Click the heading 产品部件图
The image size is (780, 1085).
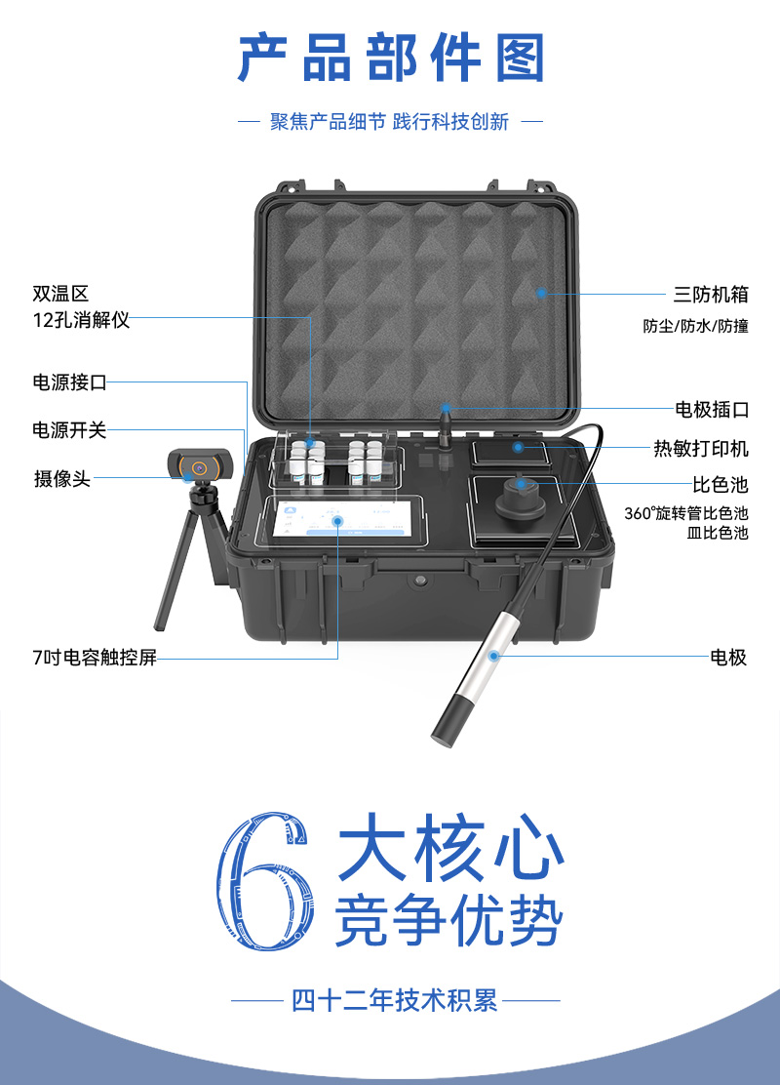click(x=391, y=59)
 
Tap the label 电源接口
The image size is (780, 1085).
click(x=69, y=382)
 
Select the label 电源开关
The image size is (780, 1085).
click(x=69, y=429)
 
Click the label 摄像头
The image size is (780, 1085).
click(x=62, y=478)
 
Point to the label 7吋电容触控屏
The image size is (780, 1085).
click(x=95, y=657)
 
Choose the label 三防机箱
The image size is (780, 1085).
click(x=711, y=294)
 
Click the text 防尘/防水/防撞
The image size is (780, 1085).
click(x=695, y=326)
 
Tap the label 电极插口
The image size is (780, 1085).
click(x=712, y=409)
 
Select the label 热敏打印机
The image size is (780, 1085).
click(x=701, y=449)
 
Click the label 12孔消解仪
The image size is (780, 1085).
click(x=81, y=320)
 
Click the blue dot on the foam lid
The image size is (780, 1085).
click(x=541, y=294)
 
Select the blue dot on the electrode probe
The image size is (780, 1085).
click(x=493, y=656)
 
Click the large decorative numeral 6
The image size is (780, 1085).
click(x=266, y=881)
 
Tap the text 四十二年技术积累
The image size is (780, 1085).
click(x=395, y=1000)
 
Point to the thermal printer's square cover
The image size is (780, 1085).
click(x=511, y=453)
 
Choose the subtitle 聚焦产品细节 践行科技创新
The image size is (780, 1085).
click(x=389, y=122)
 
